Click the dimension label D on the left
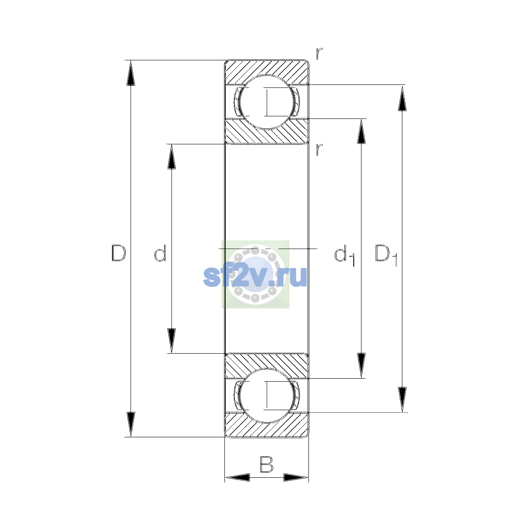pos(118,253)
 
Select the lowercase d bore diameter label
pos(160,253)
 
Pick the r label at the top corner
pos(319,54)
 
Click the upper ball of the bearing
pos(267,102)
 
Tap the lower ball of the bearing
pos(267,396)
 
